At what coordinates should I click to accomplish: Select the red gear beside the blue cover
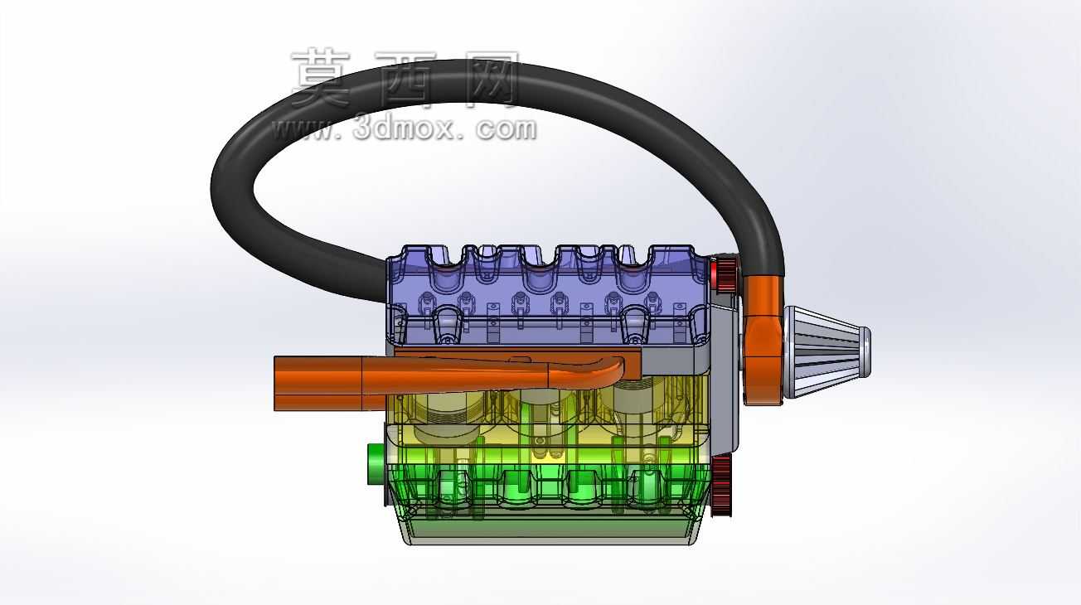click(724, 275)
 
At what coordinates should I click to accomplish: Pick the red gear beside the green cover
click(721, 486)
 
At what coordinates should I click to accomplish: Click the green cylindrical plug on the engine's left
click(376, 464)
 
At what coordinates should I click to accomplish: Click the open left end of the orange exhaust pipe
click(276, 384)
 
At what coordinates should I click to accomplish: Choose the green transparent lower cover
click(549, 485)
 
